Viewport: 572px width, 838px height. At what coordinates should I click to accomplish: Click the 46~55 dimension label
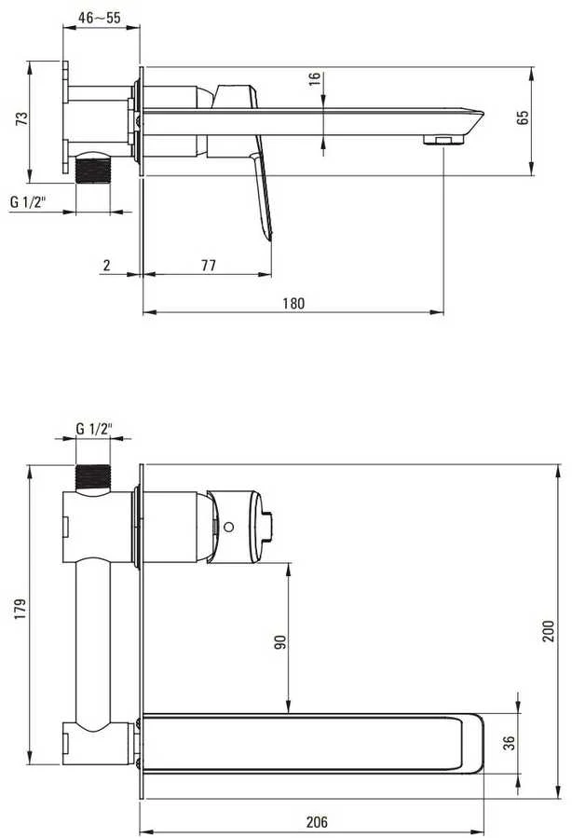pyautogui.click(x=100, y=18)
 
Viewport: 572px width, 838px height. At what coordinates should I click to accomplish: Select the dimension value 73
pyautogui.click(x=22, y=118)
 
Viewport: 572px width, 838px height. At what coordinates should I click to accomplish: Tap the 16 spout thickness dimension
pyautogui.click(x=315, y=79)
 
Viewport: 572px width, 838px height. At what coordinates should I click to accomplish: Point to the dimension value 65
pyautogui.click(x=523, y=117)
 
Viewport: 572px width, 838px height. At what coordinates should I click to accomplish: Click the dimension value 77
pyautogui.click(x=209, y=265)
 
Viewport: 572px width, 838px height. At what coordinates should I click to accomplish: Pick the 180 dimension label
pyautogui.click(x=293, y=304)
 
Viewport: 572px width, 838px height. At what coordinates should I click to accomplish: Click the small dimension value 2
pyautogui.click(x=107, y=265)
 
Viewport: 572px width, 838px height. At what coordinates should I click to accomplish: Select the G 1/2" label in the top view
pyautogui.click(x=28, y=202)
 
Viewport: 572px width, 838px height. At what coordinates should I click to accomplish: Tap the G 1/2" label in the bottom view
pyautogui.click(x=94, y=429)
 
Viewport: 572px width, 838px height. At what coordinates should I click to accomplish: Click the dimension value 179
pyautogui.click(x=20, y=609)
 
